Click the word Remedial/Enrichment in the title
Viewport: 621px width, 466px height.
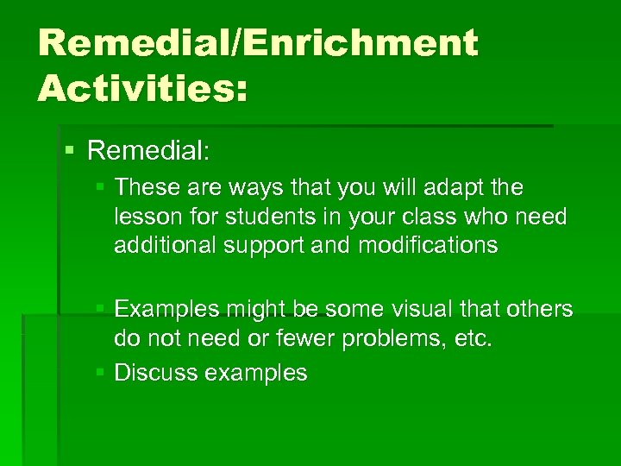[x=257, y=44]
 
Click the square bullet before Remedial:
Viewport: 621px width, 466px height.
[x=70, y=151]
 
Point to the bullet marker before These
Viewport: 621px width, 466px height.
[x=102, y=187]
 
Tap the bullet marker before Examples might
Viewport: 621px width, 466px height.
[x=102, y=309]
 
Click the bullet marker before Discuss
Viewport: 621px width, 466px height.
[x=102, y=373]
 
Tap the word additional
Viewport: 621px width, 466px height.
[x=165, y=245]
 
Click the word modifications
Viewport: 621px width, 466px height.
[x=428, y=245]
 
